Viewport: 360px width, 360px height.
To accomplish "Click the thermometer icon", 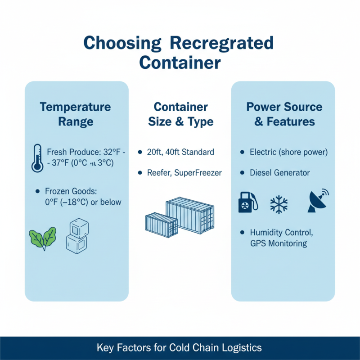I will [x=37, y=158].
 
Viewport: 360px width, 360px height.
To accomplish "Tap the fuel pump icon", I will [x=247, y=201].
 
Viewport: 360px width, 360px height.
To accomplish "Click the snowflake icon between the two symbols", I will [x=279, y=204].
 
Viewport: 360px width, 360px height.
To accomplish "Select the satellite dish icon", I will [x=317, y=201].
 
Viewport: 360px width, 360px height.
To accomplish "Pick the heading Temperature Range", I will [x=75, y=114].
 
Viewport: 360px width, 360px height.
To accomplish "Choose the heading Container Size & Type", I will [x=181, y=114].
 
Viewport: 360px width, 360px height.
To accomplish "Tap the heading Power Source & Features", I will [x=284, y=114].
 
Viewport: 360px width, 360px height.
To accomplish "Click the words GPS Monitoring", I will [x=279, y=243].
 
